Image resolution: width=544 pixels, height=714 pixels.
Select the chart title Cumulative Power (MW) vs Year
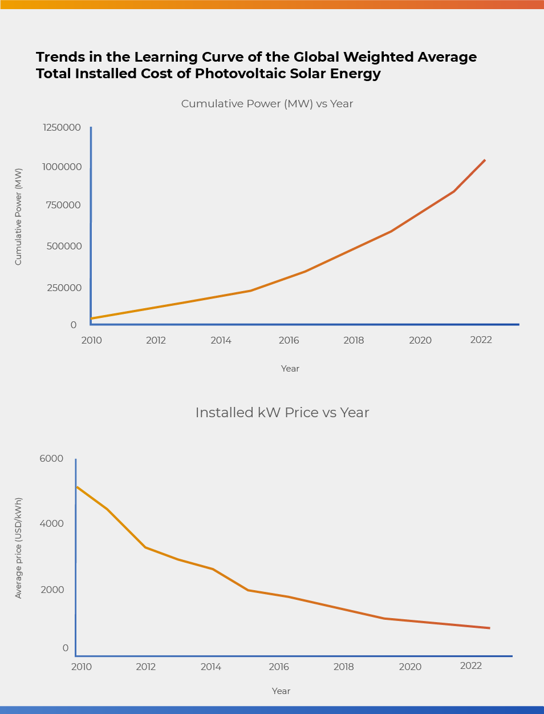click(267, 104)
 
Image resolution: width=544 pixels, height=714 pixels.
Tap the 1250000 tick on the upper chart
click(62, 127)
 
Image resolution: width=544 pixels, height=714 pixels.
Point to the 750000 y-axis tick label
click(64, 205)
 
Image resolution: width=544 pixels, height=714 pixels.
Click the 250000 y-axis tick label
click(64, 288)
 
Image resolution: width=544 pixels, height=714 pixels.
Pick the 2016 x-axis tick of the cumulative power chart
click(289, 340)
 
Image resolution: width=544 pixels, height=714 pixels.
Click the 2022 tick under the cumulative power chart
click(481, 340)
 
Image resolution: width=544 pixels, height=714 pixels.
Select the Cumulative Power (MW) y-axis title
click(18, 216)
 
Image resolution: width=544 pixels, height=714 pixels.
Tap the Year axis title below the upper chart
click(290, 369)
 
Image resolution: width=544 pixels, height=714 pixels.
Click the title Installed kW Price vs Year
click(282, 413)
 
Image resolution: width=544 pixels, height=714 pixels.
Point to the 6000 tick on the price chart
click(51, 459)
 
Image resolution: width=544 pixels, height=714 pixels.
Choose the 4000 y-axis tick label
click(51, 524)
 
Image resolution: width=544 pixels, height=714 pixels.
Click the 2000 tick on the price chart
click(52, 590)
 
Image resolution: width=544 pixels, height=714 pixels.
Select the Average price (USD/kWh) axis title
click(18, 548)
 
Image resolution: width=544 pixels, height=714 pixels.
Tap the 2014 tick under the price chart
click(210, 667)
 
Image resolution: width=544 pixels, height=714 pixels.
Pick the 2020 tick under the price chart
click(409, 667)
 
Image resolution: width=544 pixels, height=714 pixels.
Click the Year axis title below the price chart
click(281, 691)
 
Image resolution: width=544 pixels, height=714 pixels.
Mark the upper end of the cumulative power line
click(485, 160)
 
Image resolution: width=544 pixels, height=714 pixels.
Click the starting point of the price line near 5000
click(77, 487)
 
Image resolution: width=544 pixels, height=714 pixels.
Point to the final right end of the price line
click(489, 628)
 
